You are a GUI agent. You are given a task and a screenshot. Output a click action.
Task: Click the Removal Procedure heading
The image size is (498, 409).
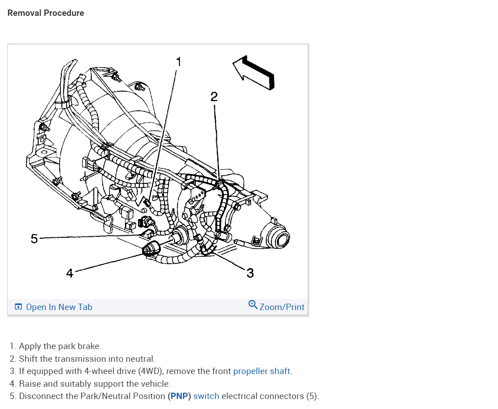(x=45, y=13)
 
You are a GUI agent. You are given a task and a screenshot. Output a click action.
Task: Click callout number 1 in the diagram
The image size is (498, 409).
(x=179, y=61)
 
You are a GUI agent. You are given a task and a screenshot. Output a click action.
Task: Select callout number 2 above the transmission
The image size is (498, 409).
(x=214, y=96)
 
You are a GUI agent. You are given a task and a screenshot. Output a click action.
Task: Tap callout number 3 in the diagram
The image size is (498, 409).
(x=250, y=273)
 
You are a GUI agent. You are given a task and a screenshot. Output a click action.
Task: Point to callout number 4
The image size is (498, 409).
(x=69, y=273)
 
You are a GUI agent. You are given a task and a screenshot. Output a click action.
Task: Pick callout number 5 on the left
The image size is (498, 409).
(x=34, y=238)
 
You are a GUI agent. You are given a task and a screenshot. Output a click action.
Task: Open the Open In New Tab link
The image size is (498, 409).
(x=59, y=307)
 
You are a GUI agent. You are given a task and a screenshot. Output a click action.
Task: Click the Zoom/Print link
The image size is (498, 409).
(x=282, y=307)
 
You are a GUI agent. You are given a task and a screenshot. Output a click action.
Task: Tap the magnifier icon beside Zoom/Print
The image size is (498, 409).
(x=253, y=305)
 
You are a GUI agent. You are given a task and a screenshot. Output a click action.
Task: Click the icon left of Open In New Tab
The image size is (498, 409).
(x=18, y=307)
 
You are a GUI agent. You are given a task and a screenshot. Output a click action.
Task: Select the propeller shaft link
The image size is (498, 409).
(x=261, y=371)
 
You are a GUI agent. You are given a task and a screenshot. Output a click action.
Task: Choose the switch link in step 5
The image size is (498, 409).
(x=206, y=396)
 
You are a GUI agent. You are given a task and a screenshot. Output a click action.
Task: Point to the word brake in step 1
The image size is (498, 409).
(x=88, y=346)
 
